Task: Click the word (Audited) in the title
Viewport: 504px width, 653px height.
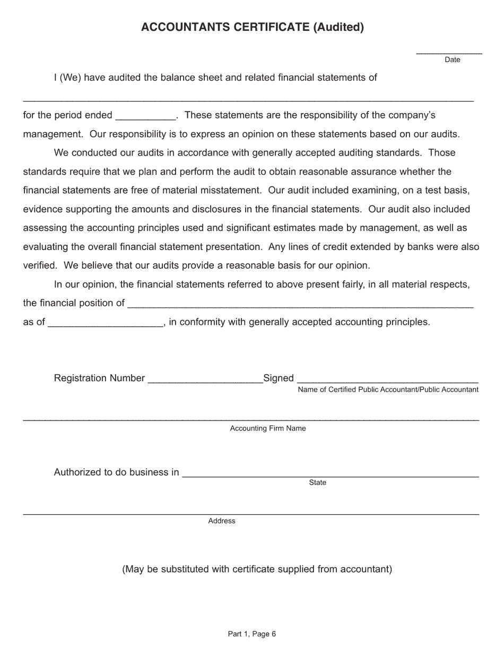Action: click(x=338, y=27)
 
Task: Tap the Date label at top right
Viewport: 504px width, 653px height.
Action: click(x=452, y=60)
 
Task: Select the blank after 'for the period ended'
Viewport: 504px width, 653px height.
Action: click(x=145, y=117)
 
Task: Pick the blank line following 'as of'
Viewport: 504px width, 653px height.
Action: click(x=106, y=324)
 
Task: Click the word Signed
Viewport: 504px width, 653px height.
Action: click(x=279, y=378)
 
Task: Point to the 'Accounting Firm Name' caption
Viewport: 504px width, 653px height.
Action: click(x=268, y=428)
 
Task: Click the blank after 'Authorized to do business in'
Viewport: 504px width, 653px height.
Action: click(x=330, y=475)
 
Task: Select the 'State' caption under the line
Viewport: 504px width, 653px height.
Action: click(x=317, y=483)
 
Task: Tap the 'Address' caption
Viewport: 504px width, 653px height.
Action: click(x=222, y=521)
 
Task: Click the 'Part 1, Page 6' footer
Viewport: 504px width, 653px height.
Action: click(x=252, y=634)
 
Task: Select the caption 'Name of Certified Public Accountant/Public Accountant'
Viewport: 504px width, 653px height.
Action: click(x=388, y=390)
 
